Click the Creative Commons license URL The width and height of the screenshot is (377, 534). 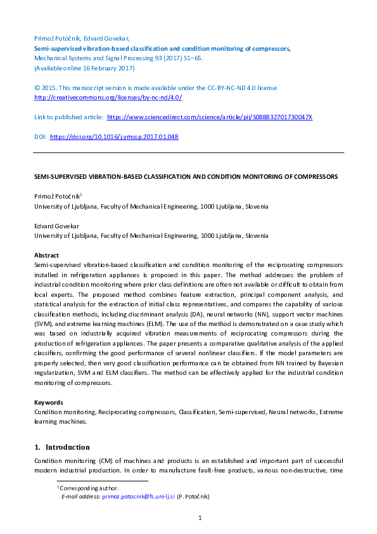click(x=107, y=98)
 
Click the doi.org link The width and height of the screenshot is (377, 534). click(x=113, y=136)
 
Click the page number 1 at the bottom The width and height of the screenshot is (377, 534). click(x=200, y=519)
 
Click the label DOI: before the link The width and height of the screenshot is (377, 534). click(x=39, y=136)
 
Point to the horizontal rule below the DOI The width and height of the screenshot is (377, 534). click(x=188, y=153)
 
